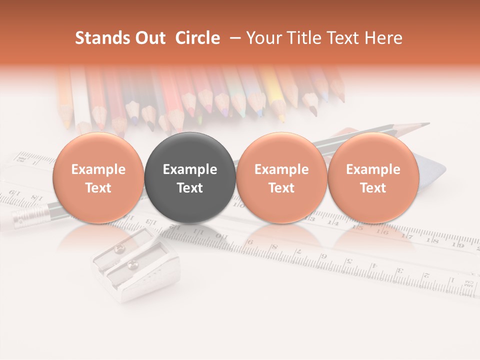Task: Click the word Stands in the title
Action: [x=97, y=38]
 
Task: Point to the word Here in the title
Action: [x=384, y=38]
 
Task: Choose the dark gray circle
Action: [x=190, y=177]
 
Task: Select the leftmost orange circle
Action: [x=98, y=177]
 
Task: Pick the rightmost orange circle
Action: [x=373, y=177]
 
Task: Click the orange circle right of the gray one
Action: [x=281, y=177]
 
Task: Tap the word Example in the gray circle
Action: [x=190, y=169]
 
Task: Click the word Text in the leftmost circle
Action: [x=98, y=188]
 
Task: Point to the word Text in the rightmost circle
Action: [x=373, y=188]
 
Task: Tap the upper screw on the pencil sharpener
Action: [x=118, y=249]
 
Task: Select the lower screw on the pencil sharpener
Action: [x=133, y=263]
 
